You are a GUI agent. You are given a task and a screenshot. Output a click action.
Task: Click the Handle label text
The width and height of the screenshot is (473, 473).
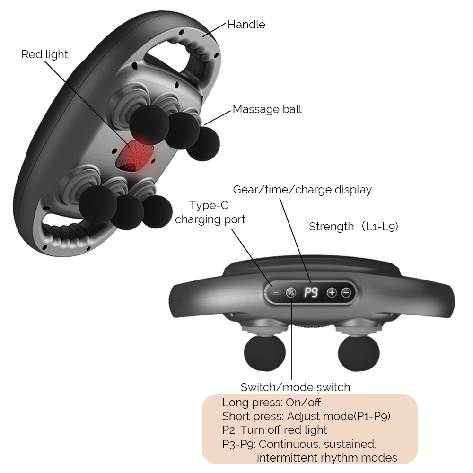pos(246,25)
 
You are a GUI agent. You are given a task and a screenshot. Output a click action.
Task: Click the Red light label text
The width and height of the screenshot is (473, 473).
pos(44,54)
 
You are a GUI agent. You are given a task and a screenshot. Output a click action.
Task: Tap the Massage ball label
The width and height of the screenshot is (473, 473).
pos(267,109)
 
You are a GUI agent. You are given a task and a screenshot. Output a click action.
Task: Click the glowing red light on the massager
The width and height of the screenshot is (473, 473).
pos(136,155)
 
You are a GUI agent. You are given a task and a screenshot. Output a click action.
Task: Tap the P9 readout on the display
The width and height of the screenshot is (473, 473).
pos(311,293)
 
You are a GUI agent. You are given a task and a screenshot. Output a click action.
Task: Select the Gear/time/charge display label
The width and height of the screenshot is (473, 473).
pos(302,190)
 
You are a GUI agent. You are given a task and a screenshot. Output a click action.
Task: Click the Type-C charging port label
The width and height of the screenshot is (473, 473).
pos(210,213)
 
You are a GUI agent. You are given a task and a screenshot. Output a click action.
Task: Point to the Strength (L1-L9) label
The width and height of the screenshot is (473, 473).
pos(353,227)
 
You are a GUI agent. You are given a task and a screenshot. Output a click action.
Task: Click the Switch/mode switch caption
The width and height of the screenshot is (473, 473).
pos(295,387)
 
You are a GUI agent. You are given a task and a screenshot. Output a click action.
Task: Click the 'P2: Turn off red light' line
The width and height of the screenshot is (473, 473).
pos(274,430)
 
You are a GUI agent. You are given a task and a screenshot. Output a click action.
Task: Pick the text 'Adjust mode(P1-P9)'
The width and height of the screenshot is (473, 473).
pos(339,417)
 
